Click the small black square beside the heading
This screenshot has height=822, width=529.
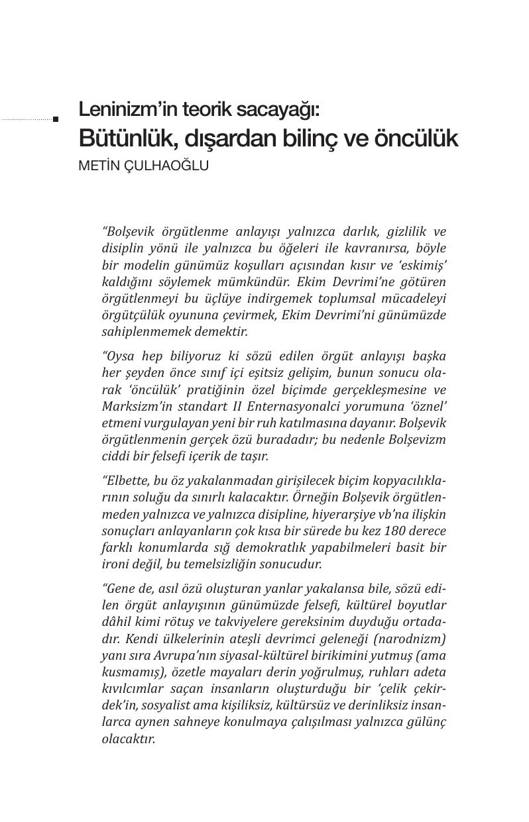coord(56,119)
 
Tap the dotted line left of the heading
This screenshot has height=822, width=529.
coord(27,119)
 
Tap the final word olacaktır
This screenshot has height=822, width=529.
coord(128,739)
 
